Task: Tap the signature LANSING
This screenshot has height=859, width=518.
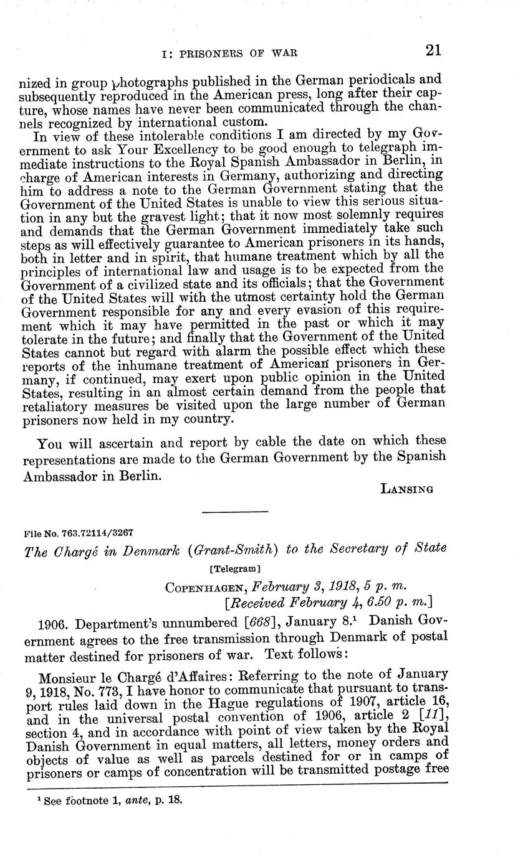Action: [407, 489]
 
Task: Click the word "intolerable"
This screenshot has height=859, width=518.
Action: [151, 134]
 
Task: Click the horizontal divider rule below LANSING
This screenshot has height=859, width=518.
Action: [234, 512]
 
